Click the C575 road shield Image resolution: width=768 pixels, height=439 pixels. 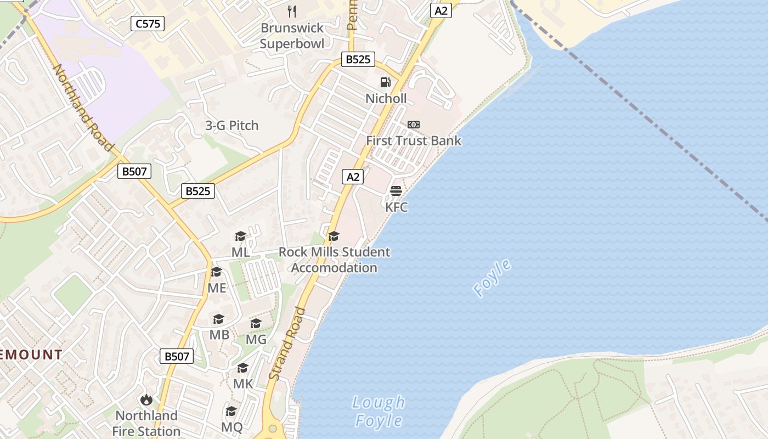pos(148,24)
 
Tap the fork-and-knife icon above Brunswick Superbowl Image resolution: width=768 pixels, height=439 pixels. pos(292,11)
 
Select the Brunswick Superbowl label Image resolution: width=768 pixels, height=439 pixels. pos(292,36)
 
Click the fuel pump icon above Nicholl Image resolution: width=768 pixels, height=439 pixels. pos(386,82)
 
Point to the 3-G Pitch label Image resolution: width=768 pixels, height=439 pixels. pos(231,125)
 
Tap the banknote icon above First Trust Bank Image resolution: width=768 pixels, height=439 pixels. pos(414,125)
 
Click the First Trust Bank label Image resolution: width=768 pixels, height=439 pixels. pos(414,140)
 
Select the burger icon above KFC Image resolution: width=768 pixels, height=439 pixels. pos(396,191)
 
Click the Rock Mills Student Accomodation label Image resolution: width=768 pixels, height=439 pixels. pos(334,260)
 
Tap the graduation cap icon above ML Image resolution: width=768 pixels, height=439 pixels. pos(240,237)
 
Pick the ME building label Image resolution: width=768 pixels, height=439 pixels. pos(217,288)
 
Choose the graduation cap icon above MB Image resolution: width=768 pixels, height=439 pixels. pos(219,319)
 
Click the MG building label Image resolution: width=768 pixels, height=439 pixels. pos(256,339)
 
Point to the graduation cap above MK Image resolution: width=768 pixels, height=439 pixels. pos(243,368)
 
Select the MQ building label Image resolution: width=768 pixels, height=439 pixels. pos(231,426)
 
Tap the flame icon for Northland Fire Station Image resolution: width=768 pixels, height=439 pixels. pos(146,399)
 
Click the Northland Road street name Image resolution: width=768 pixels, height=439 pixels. pos(83,107)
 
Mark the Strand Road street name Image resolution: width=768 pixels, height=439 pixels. pos(288,343)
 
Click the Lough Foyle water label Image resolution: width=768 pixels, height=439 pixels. pos(379,412)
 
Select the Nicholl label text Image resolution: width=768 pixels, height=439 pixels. pos(386,99)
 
